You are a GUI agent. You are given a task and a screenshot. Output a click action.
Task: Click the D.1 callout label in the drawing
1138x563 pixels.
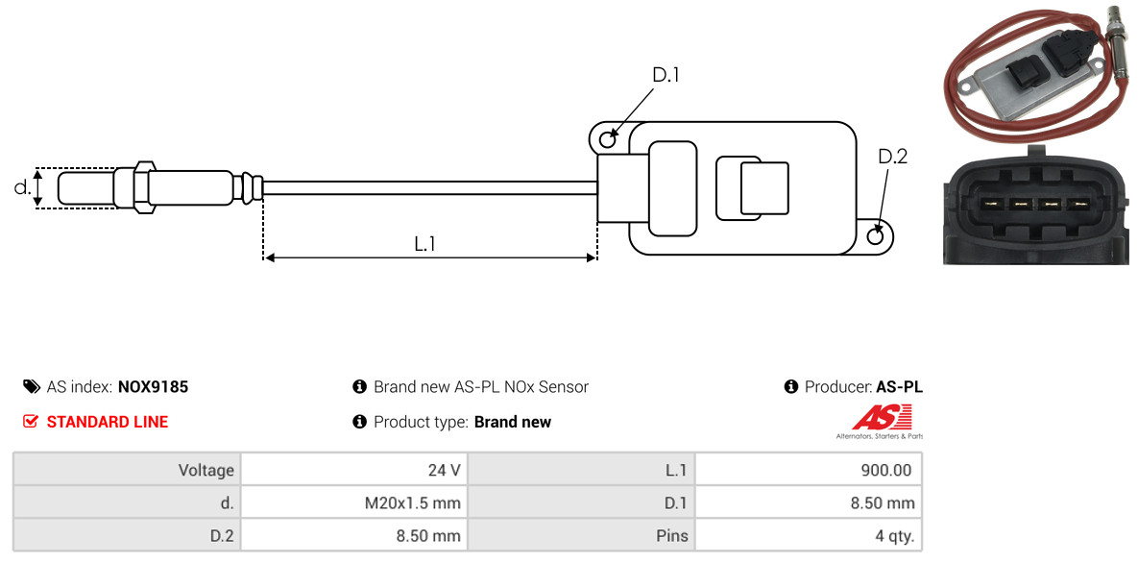[x=666, y=75]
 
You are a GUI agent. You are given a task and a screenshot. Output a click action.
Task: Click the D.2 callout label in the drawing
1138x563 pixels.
[x=893, y=157]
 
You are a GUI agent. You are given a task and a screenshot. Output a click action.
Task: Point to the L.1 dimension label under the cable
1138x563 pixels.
[x=424, y=244]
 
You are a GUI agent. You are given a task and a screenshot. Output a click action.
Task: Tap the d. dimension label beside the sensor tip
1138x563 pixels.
[x=22, y=186]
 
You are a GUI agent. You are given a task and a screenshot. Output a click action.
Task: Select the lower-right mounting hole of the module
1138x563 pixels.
[x=877, y=234]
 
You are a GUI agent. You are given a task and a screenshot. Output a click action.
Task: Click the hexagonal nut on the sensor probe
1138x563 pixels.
[x=143, y=186]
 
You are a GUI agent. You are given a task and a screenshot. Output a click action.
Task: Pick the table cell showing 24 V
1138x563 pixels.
[x=353, y=470]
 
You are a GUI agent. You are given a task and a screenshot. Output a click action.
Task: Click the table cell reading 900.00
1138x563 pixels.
[x=809, y=470]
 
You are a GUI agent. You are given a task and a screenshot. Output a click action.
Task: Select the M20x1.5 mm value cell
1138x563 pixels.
[x=353, y=502]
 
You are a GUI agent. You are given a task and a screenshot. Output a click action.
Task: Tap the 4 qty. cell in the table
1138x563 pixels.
[x=809, y=536]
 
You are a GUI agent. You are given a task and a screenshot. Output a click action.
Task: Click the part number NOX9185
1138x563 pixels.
[x=153, y=386]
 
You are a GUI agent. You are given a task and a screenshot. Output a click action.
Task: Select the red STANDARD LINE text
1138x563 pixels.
[x=108, y=422]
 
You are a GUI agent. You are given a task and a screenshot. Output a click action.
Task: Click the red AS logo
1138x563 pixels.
[x=882, y=419]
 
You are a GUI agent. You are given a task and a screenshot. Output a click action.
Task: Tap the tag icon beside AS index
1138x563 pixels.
[x=31, y=386]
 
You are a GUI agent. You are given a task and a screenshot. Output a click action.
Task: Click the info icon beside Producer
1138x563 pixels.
[x=791, y=386]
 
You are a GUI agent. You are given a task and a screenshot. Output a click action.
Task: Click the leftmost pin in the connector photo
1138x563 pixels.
[x=988, y=204]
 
